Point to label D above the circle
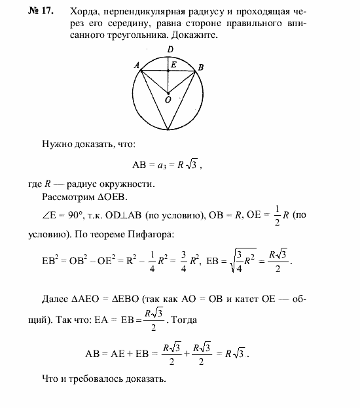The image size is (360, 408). [x=170, y=50]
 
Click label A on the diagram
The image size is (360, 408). [x=135, y=65]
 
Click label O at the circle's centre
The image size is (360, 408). [x=168, y=100]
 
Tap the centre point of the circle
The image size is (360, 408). [x=168, y=92]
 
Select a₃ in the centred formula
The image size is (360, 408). [x=159, y=165]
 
